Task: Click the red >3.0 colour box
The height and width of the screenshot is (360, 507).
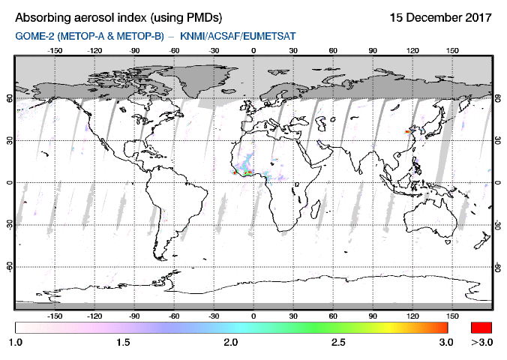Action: pos(481,327)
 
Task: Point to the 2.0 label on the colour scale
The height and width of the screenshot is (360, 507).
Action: pos(230,342)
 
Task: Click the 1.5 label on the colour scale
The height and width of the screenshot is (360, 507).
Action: pos(122,342)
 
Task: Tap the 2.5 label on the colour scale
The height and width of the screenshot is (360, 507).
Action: pos(338,342)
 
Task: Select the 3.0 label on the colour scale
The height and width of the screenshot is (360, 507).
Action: pos(446,342)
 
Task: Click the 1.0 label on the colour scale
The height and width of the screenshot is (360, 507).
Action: pos(15,342)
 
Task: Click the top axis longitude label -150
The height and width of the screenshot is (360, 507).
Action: pos(55,51)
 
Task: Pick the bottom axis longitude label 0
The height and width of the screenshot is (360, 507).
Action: pos(253,316)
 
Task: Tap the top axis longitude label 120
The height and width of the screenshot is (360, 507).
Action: pos(412,51)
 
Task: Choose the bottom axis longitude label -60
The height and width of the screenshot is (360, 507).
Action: pos(174,316)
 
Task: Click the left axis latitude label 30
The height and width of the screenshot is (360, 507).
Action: pos(10,140)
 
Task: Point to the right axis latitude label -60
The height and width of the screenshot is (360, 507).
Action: pos(498,266)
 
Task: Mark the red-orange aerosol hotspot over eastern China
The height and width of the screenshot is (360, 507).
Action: pos(408,131)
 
